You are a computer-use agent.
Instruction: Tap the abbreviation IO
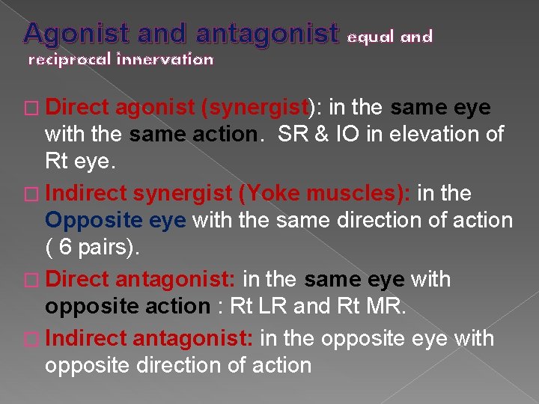click(345, 135)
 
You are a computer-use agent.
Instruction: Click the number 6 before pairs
click(65, 248)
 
